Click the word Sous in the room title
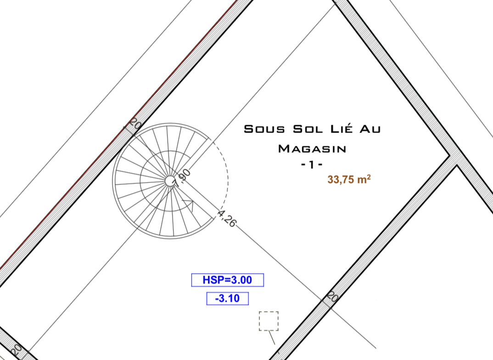tap(264, 129)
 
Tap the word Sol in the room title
tap(308, 129)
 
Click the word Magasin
tap(312, 149)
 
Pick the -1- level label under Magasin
tap(312, 165)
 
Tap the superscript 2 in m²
tap(369, 177)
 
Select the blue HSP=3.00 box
tap(228, 280)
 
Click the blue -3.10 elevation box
tap(228, 299)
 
